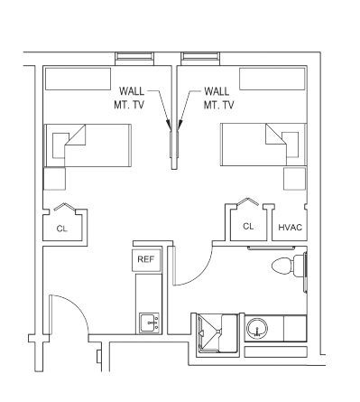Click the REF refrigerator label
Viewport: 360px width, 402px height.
click(x=146, y=259)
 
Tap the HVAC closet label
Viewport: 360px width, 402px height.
click(x=290, y=228)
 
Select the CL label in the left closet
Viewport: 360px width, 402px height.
click(x=62, y=229)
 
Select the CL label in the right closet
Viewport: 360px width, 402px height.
click(x=248, y=227)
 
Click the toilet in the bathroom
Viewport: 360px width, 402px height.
click(x=289, y=266)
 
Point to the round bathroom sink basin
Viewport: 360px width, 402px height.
click(x=257, y=329)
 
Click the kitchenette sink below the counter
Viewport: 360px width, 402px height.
click(x=150, y=323)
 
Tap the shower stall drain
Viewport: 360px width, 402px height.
click(x=218, y=332)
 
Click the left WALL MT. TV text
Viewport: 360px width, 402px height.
click(x=129, y=98)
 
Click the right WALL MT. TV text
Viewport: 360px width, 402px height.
click(x=219, y=98)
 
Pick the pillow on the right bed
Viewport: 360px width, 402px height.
click(x=291, y=145)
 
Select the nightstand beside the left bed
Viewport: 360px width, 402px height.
click(x=55, y=179)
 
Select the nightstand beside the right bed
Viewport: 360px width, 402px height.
click(x=295, y=179)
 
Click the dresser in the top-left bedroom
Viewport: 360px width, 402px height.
click(x=78, y=79)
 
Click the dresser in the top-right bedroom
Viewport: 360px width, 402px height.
click(x=272, y=79)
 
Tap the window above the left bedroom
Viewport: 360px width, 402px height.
click(x=134, y=59)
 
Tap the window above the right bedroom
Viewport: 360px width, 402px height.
click(x=200, y=59)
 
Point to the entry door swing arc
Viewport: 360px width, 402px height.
click(x=78, y=306)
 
